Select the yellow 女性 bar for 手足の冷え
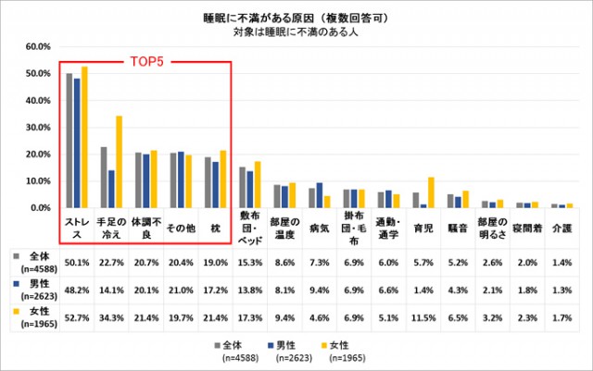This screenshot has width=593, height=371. click(119, 162)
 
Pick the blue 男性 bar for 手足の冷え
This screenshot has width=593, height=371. click(111, 189)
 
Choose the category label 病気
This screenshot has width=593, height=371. click(319, 225)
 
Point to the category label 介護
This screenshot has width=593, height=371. click(563, 225)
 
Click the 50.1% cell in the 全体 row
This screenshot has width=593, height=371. click(76, 264)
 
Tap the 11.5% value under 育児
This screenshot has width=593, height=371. click(424, 316)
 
